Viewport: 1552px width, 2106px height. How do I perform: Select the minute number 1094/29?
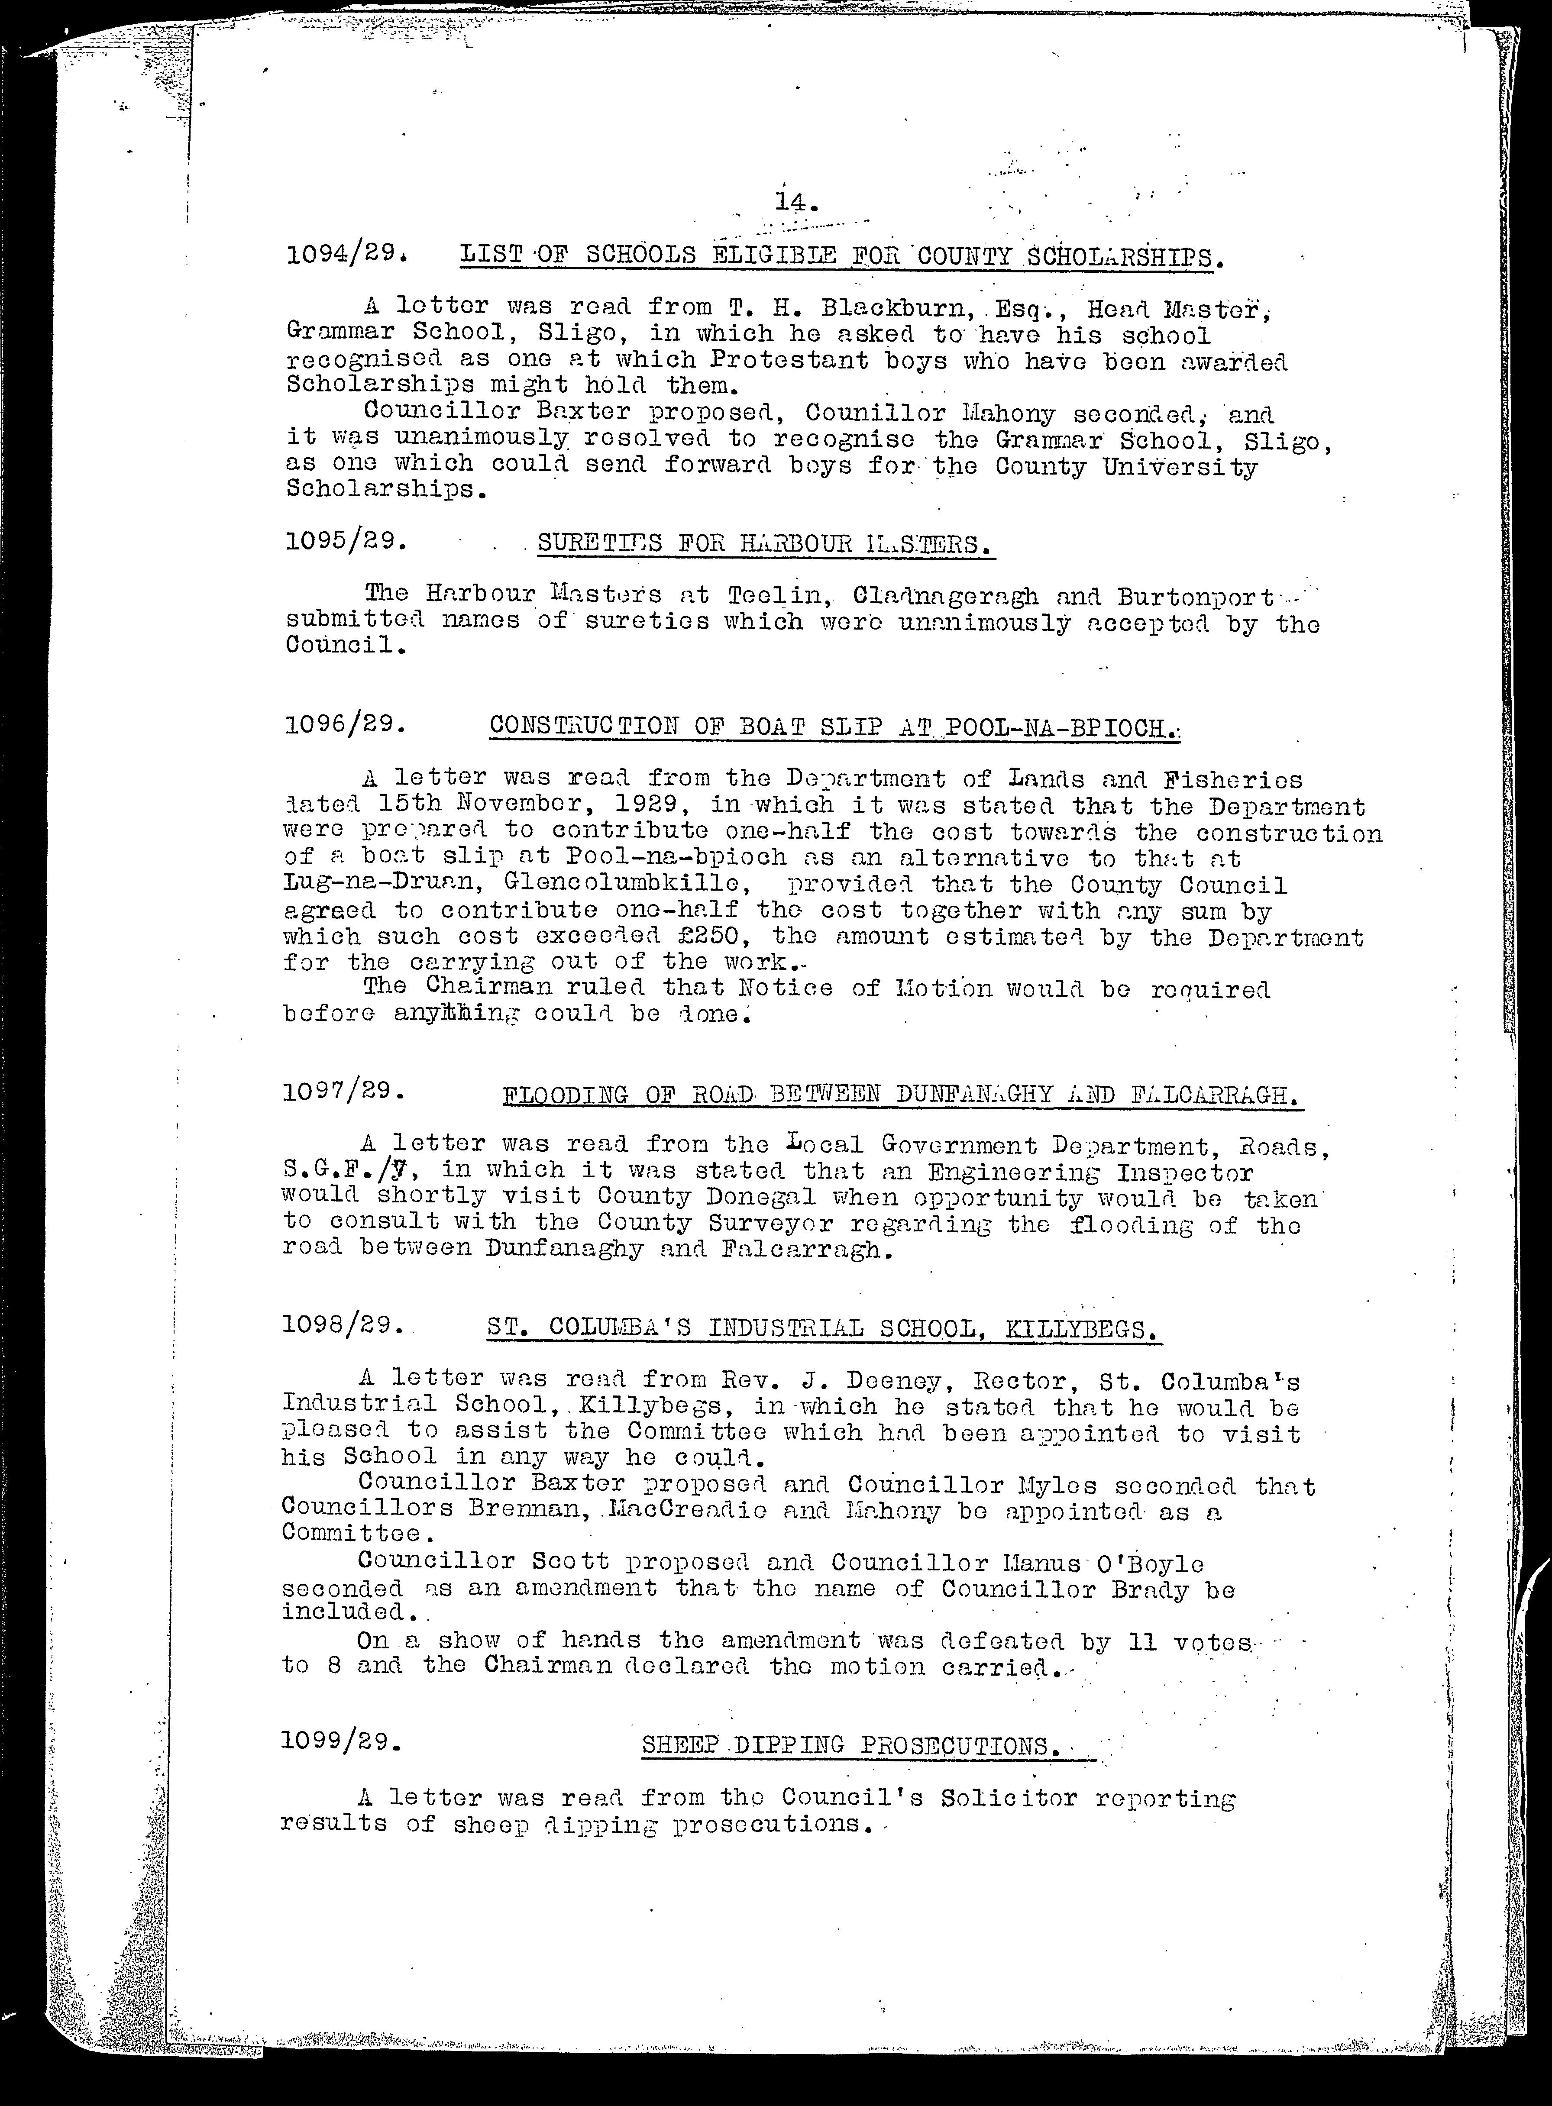pyautogui.click(x=346, y=255)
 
